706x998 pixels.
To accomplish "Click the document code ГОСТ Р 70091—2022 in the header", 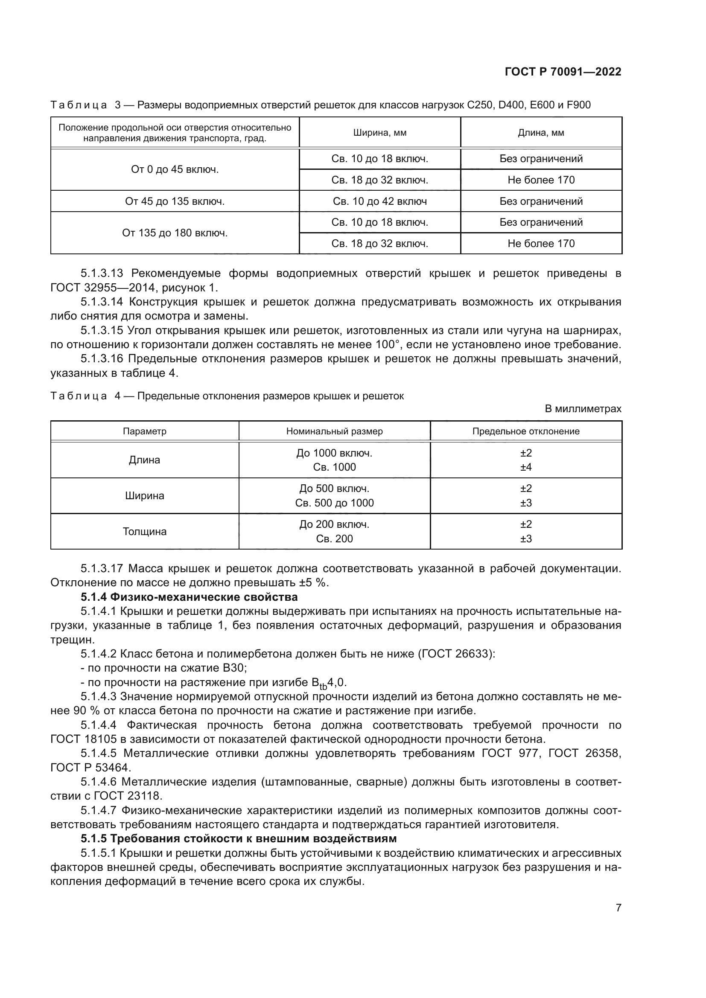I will (x=563, y=72).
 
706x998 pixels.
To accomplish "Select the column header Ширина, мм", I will (x=379, y=133).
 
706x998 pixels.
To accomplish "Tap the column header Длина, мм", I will (x=541, y=133).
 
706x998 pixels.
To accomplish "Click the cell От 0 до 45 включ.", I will (x=175, y=169).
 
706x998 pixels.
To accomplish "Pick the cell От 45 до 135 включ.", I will (x=175, y=201).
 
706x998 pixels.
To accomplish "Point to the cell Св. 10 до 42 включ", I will (x=379, y=201).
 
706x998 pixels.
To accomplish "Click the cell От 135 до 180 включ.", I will (x=175, y=233).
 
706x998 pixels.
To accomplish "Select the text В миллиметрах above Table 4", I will (x=583, y=409).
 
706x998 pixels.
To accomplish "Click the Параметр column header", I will (x=144, y=431).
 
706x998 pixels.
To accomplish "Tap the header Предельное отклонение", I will (x=526, y=431).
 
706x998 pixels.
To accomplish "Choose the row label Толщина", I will (x=144, y=532).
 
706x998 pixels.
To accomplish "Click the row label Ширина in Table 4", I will (x=144, y=496).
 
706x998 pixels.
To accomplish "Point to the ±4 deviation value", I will (x=526, y=467).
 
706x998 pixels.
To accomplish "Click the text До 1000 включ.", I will (x=334, y=453).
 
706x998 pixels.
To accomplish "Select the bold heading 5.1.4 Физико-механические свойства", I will (x=189, y=597).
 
